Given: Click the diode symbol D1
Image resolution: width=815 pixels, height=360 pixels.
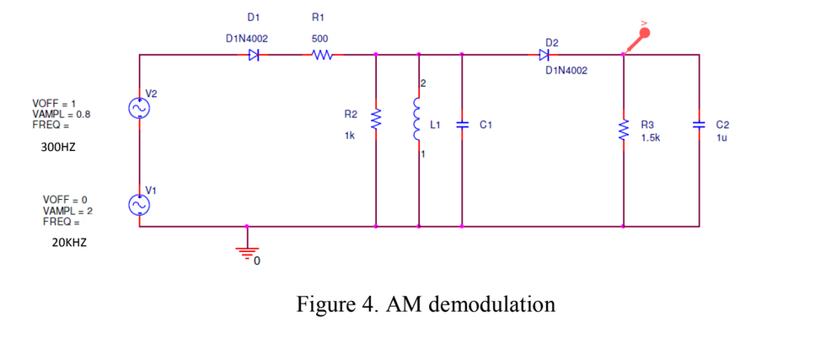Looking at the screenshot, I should pos(254,56).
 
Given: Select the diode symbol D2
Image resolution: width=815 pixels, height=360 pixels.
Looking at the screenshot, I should pos(544,56).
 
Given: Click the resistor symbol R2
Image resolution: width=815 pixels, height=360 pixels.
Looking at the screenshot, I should pos(376,123).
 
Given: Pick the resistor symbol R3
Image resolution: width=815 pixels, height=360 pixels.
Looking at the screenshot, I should pos(623,130).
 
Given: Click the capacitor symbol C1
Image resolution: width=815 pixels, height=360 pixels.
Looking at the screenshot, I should pos(462,124).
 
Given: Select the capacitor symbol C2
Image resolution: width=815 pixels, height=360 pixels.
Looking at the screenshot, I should pos(699,124).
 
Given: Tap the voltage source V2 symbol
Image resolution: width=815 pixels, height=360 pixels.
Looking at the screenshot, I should pos(138,108).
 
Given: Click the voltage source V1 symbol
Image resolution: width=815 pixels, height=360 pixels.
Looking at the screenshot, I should pos(138,204).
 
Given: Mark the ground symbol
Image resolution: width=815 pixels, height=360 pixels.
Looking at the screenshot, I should pos(246,251).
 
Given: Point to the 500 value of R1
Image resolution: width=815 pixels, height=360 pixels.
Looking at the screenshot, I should pos(320,39).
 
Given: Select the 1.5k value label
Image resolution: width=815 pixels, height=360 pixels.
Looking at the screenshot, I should pos(650,137).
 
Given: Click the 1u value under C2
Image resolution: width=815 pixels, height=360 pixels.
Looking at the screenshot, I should pos(721,137).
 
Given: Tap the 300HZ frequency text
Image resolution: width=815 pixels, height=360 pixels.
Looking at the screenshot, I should pos(58,147).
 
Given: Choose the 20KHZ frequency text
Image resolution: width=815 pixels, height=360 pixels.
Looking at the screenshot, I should pos(68,243).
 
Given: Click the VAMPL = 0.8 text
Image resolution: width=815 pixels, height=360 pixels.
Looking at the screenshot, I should pos(62,114).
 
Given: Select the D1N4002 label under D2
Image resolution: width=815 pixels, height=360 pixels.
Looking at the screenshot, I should pos(566,71).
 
